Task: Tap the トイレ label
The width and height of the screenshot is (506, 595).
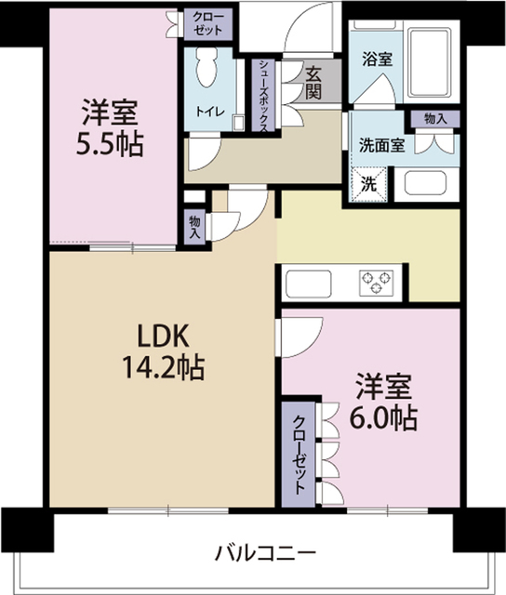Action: click(x=207, y=111)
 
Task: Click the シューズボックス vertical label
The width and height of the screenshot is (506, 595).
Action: click(x=264, y=95)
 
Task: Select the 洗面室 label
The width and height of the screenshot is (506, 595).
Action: click(x=381, y=145)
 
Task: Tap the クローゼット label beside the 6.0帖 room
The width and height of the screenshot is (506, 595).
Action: click(x=300, y=456)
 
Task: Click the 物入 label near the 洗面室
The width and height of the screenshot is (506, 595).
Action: click(x=434, y=119)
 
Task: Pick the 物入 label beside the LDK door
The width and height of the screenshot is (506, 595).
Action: click(x=193, y=226)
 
